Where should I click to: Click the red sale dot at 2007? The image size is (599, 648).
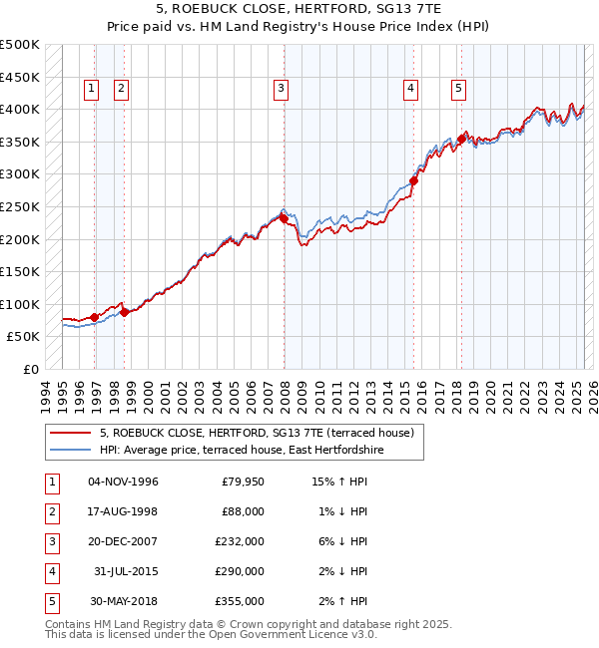click(x=284, y=218)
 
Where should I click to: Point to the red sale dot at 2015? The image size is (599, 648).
click(x=413, y=181)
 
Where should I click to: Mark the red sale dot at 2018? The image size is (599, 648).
click(x=461, y=140)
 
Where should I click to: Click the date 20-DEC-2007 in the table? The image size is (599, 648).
click(x=123, y=541)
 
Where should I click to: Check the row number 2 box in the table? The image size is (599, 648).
click(x=51, y=512)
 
